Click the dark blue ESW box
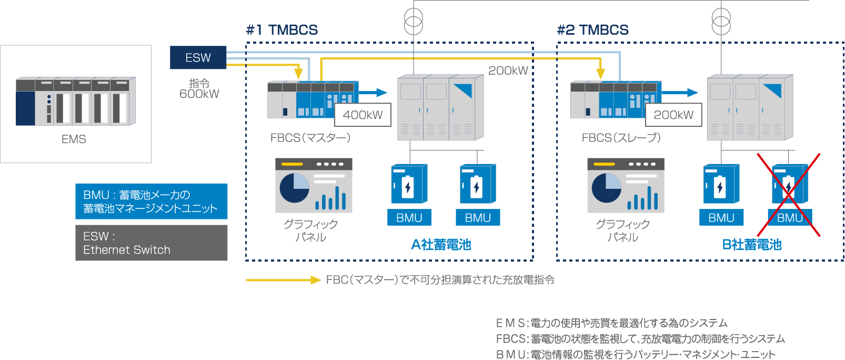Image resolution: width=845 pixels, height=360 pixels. pyautogui.click(x=198, y=58)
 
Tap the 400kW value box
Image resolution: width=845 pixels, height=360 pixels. pyautogui.click(x=363, y=115)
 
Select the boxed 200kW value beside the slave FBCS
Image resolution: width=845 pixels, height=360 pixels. pyautogui.click(x=673, y=115)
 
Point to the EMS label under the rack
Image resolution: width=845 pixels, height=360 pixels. pyautogui.click(x=74, y=139)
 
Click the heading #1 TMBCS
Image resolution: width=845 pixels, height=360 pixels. pyautogui.click(x=282, y=30)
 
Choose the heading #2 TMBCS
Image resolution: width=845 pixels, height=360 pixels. pyautogui.click(x=593, y=30)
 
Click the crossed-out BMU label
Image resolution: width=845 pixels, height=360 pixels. pyautogui.click(x=789, y=217)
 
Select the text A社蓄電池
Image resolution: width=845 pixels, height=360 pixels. pyautogui.click(x=441, y=245)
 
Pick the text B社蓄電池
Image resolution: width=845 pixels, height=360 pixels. pyautogui.click(x=752, y=245)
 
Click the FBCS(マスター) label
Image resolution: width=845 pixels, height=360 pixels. pyautogui.click(x=310, y=138)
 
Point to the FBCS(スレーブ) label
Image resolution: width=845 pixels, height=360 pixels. pyautogui.click(x=621, y=138)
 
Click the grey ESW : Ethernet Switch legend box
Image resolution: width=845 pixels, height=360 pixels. pyautogui.click(x=152, y=243)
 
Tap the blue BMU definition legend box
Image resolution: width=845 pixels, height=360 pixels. pyautogui.click(x=152, y=202)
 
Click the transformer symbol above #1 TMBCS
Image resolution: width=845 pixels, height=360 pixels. pyautogui.click(x=414, y=21)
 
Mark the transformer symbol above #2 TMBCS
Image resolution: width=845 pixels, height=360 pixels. pyautogui.click(x=721, y=21)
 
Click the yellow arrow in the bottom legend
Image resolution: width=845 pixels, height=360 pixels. pyautogui.click(x=283, y=280)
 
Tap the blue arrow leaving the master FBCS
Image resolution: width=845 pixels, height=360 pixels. pyautogui.click(x=374, y=93)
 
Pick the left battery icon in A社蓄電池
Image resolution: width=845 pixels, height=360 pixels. pyautogui.click(x=408, y=184)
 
